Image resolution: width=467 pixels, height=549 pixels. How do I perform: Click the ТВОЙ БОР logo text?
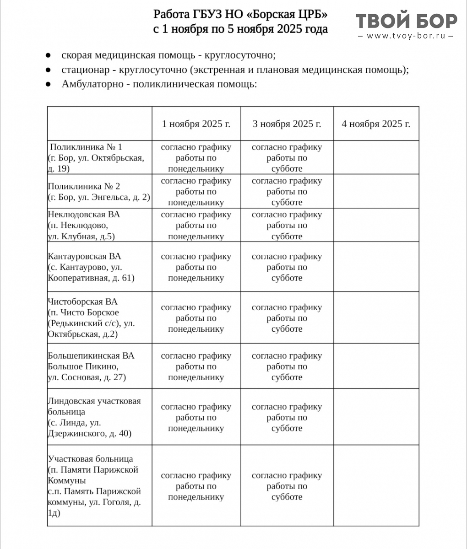tap(406, 21)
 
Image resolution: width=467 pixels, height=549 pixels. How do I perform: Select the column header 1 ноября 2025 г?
tap(196, 124)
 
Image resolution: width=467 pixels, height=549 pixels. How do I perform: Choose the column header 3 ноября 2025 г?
tap(287, 124)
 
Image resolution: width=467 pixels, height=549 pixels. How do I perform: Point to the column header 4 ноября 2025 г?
tap(376, 124)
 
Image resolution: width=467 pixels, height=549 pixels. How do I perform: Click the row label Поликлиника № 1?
tap(86, 147)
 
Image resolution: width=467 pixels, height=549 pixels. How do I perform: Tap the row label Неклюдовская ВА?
tap(83, 215)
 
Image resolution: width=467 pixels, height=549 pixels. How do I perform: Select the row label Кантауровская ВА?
tap(84, 256)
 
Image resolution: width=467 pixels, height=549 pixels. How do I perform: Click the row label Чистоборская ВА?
tap(82, 302)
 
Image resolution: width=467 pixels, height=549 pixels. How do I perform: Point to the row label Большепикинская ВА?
tap(91, 356)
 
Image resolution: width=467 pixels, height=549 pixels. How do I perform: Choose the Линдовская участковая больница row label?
tap(94, 401)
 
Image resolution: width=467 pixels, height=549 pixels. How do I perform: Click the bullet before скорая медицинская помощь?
tap(48, 55)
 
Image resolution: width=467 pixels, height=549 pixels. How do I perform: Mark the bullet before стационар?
tap(48, 70)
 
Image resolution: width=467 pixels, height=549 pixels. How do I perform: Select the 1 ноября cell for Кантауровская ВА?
tap(196, 267)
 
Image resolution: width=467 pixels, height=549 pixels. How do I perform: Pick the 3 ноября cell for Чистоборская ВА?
tap(287, 318)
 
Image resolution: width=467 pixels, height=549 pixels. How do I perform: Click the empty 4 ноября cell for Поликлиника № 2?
tap(376, 191)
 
